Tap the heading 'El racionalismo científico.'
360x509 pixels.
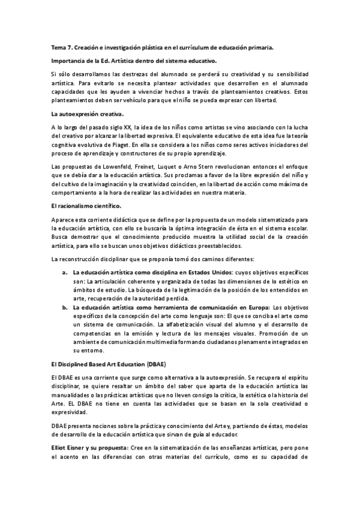tap(82, 205)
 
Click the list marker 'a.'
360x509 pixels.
tap(65, 272)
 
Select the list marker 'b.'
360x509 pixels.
tap(65, 307)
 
